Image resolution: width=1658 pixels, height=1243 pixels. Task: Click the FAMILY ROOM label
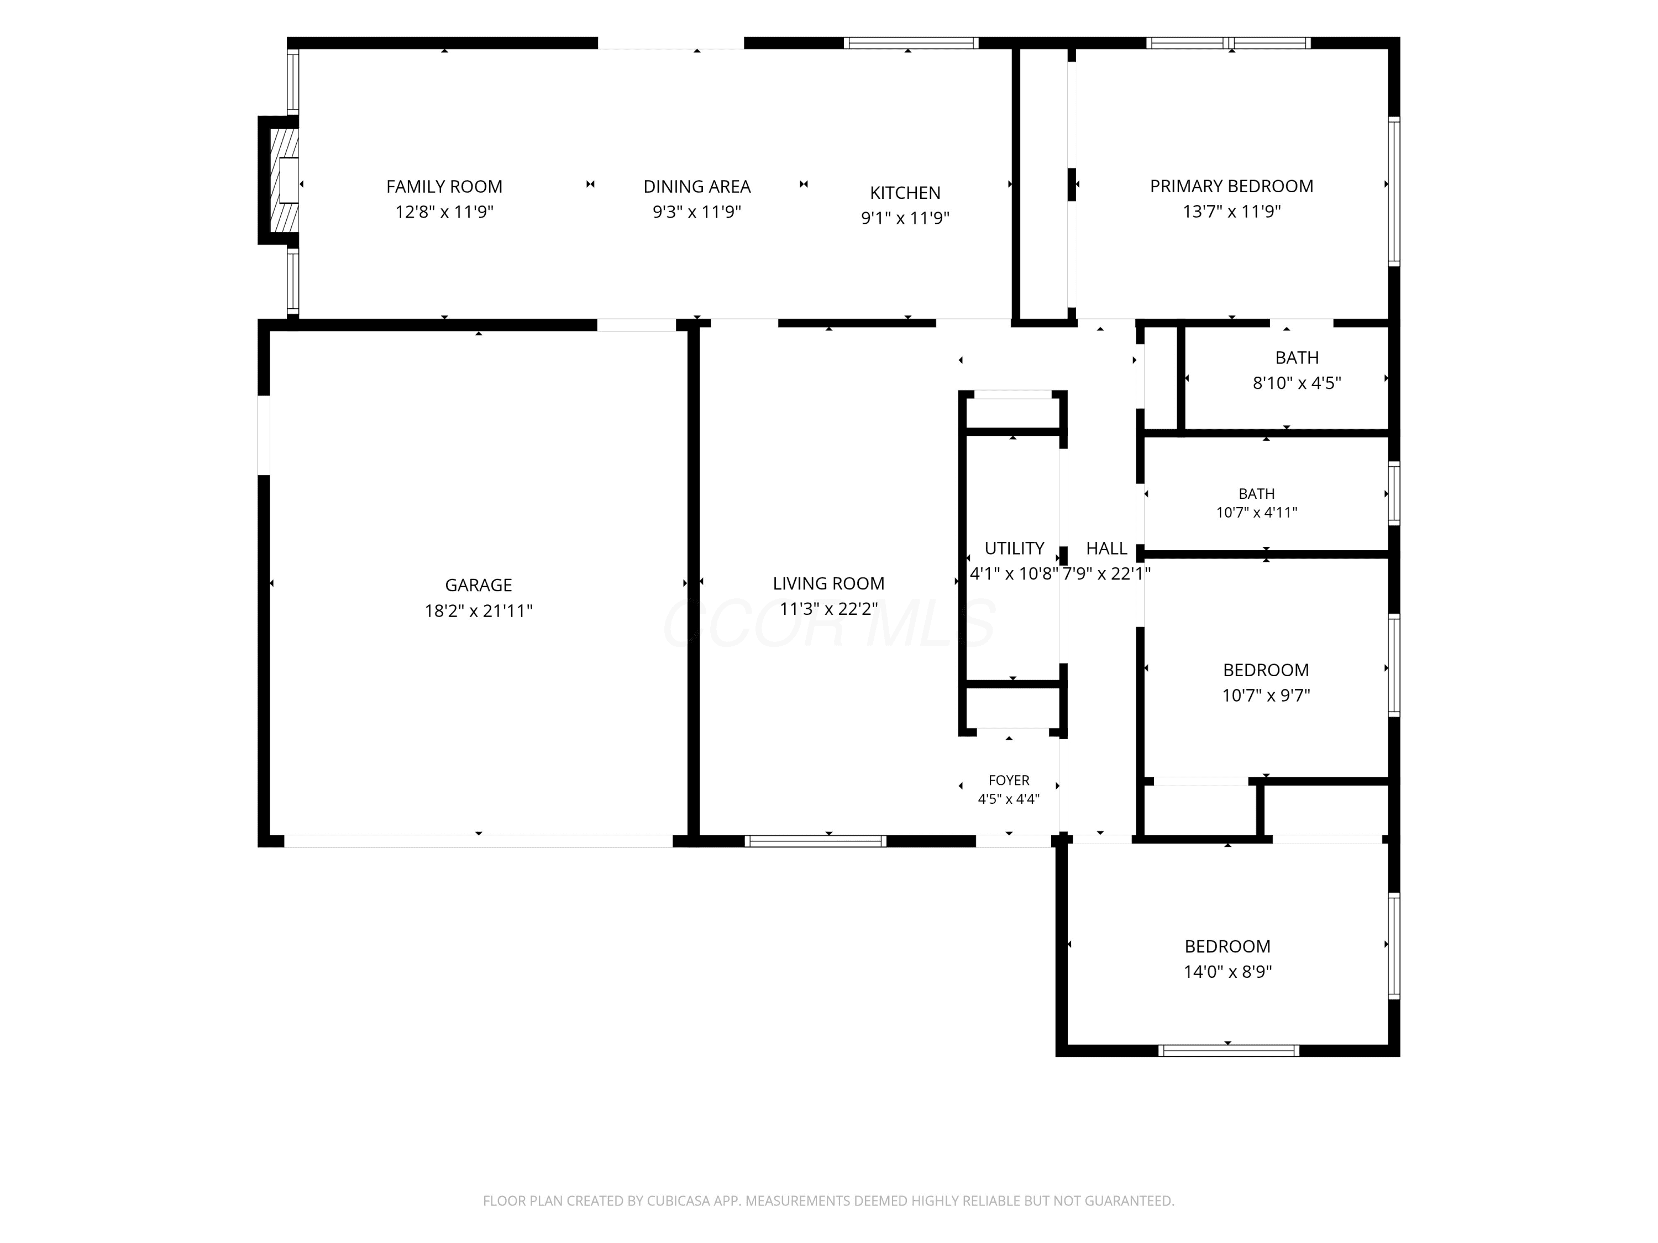pos(444,187)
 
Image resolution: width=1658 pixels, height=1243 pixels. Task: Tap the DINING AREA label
pos(697,187)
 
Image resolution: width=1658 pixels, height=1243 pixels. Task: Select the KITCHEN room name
pos(905,193)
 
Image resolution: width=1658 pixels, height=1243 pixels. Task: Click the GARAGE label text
pos(478,585)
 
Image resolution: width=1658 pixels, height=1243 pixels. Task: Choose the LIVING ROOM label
pos(828,584)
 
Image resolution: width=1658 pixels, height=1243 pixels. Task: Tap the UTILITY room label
pos(1014,549)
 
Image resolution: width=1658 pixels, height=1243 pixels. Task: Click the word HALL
pos(1106,549)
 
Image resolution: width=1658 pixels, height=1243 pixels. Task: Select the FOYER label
pos(1009,781)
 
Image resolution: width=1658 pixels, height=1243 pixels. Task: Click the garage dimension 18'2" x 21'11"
pos(478,610)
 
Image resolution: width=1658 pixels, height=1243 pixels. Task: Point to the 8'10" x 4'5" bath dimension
pos(1297,383)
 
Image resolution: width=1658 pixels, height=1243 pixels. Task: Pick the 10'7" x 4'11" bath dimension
pos(1256,513)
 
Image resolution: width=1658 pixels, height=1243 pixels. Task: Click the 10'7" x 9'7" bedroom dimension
pos(1266,696)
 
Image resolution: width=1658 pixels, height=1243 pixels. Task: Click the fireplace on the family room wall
pos(279,180)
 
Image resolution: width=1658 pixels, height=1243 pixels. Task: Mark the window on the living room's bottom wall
pos(816,841)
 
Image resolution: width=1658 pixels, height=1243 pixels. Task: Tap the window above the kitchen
pos(911,43)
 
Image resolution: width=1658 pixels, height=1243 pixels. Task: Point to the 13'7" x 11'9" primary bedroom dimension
pos(1231,211)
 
